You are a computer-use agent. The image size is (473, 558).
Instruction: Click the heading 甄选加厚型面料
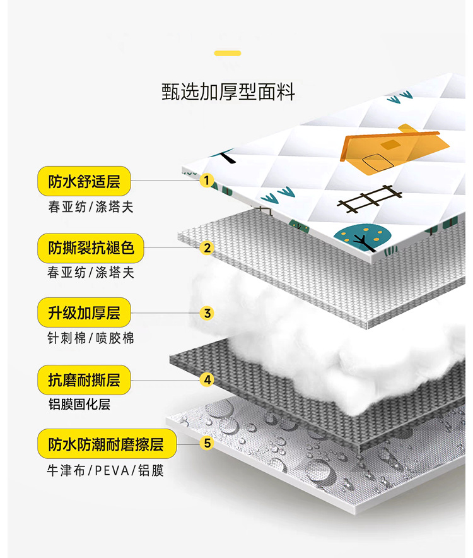click(x=228, y=92)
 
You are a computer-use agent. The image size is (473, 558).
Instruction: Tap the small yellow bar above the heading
click(x=228, y=54)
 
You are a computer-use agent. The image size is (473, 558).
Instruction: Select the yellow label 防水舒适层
click(x=84, y=182)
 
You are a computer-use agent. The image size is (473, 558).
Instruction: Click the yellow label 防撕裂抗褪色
click(x=91, y=247)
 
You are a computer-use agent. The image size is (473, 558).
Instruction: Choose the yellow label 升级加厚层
click(x=84, y=312)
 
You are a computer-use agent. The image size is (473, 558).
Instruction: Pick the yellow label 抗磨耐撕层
click(x=84, y=380)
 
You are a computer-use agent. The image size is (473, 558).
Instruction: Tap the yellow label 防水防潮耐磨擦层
click(x=106, y=444)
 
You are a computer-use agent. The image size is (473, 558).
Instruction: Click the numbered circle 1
click(x=206, y=181)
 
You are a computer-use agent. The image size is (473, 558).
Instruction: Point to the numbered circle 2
click(x=207, y=247)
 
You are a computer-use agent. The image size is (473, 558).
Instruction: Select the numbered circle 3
click(x=207, y=313)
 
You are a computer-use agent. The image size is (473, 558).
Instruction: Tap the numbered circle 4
click(x=207, y=380)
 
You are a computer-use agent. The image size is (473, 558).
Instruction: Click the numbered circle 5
click(x=207, y=443)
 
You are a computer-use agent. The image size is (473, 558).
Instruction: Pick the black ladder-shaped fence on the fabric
click(x=370, y=198)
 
